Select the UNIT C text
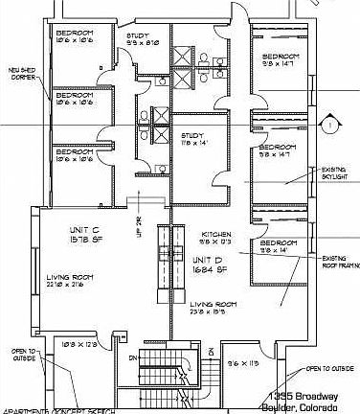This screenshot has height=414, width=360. (82, 231)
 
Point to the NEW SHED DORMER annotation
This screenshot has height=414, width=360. (22, 73)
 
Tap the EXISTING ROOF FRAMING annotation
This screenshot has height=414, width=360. (339, 263)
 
